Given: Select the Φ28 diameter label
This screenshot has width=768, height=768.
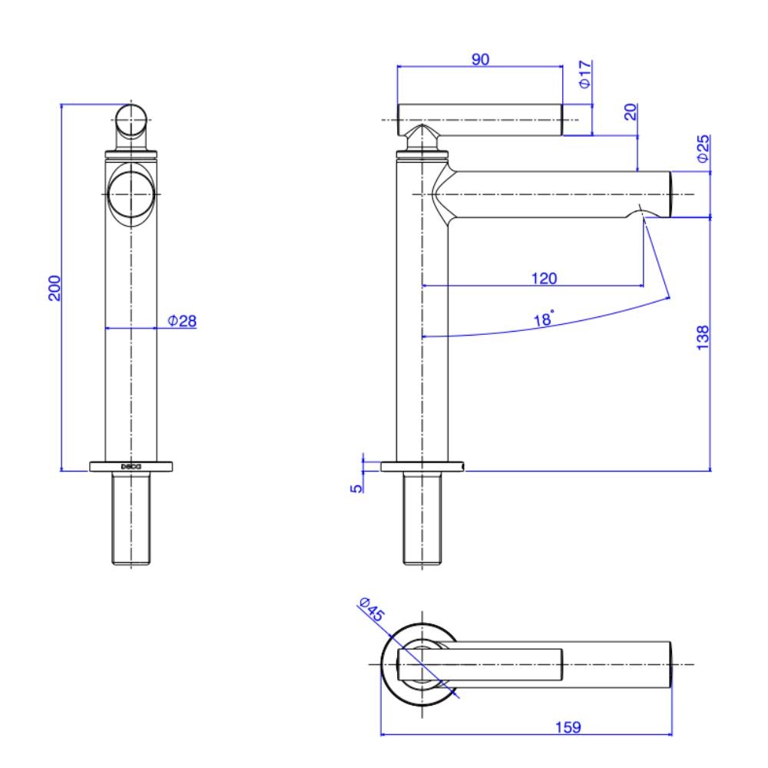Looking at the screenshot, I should [183, 321].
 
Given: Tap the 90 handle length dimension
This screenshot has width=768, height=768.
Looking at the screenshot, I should [481, 59].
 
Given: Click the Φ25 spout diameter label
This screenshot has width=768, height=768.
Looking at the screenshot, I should [702, 148].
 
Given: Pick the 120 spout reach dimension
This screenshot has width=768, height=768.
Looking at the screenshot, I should [544, 278].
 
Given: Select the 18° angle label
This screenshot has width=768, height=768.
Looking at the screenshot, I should [544, 319].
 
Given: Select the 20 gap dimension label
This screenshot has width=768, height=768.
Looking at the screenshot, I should [631, 112].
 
